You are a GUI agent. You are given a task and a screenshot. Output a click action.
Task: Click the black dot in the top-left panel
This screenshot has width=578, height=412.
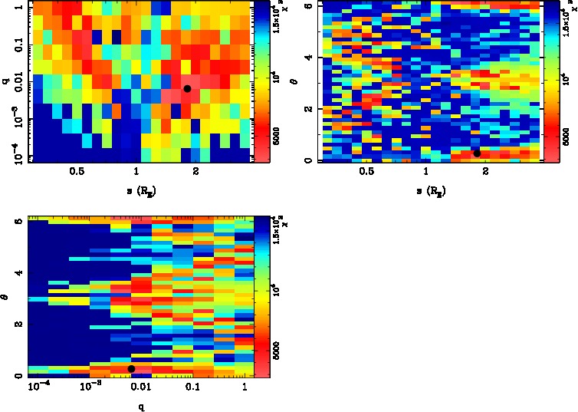click(187, 89)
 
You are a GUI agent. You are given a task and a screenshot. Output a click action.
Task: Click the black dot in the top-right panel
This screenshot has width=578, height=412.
click(477, 153)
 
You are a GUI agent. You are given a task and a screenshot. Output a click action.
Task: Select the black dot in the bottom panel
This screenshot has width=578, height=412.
click(131, 369)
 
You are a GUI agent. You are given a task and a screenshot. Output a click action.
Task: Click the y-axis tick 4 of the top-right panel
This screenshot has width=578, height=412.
click(304, 58)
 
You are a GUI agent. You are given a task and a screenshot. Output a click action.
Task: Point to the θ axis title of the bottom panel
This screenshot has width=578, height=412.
click(5, 296)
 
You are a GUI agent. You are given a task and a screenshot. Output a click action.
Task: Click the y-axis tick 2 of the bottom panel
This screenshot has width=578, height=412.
click(15, 325)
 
